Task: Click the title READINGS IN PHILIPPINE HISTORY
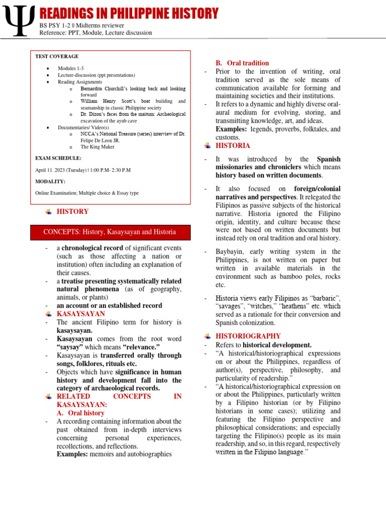click(129, 13)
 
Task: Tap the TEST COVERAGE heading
click(57, 57)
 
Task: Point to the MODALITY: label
click(50, 181)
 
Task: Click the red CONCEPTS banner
click(110, 232)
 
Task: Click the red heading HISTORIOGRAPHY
click(248, 336)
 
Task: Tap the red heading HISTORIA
click(233, 146)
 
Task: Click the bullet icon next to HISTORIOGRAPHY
click(208, 336)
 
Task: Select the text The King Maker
click(98, 147)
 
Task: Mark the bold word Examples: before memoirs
click(72, 454)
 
